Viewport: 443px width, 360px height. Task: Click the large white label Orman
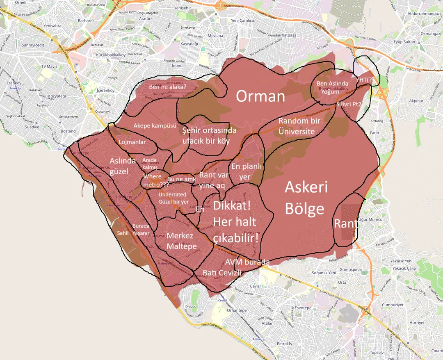pos(260,96)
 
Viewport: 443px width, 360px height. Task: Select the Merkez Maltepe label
pos(181,242)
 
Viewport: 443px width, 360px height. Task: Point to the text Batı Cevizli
pos(222,273)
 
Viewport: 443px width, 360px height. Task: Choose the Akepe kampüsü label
pos(155,125)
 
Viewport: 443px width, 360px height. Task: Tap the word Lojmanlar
pos(132,142)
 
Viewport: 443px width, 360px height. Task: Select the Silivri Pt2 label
pos(349,105)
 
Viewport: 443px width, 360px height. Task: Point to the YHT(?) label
pos(364,80)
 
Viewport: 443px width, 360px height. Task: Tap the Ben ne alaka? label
pos(167,87)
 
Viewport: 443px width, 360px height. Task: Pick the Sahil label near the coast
pos(123,233)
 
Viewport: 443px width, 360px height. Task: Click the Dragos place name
pos(191,306)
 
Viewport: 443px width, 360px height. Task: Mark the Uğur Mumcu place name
pos(370,220)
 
